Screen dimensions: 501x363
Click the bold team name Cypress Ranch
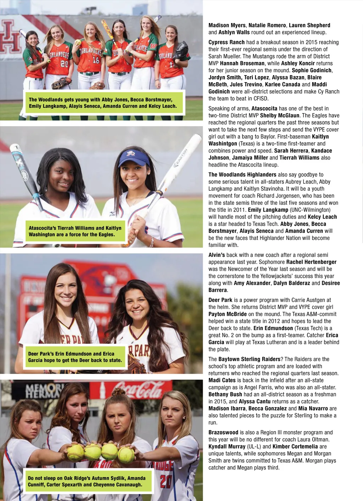(227, 42)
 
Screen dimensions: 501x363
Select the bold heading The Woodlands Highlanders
(242, 175)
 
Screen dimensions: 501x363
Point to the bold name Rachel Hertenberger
(311, 262)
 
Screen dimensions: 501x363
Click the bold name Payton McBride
(227, 314)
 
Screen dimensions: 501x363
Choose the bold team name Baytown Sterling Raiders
(249, 359)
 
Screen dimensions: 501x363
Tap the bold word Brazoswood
(223, 432)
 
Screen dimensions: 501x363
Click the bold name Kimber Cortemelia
(295, 446)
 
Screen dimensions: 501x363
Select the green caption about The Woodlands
(103, 103)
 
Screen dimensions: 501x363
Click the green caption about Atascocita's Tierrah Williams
(75, 231)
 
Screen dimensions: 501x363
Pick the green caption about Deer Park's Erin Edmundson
(75, 357)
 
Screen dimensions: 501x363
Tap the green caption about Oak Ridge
(87, 481)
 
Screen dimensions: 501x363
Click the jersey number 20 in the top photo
(64, 64)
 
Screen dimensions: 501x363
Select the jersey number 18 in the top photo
(96, 60)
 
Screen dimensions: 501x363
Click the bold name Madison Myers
(227, 25)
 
